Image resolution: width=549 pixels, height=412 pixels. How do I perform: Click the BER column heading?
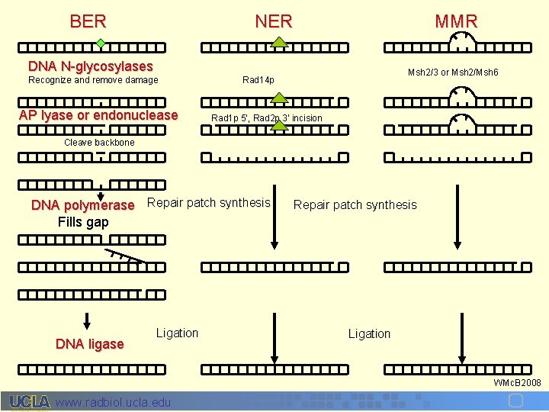tap(88, 21)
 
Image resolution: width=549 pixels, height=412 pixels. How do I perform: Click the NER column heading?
tap(274, 21)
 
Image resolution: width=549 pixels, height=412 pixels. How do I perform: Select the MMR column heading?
tap(456, 21)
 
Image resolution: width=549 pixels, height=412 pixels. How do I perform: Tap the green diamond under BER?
tap(100, 43)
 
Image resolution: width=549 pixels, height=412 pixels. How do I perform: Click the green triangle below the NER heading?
tap(280, 43)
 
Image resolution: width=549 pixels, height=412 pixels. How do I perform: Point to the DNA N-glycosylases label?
tap(91, 66)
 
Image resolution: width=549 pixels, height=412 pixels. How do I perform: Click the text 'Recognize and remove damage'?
tap(93, 80)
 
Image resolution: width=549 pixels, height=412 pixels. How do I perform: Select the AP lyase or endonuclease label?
tap(98, 115)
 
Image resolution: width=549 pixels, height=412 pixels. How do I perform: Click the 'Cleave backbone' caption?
tap(99, 143)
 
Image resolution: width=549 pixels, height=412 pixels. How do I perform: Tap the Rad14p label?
tap(258, 80)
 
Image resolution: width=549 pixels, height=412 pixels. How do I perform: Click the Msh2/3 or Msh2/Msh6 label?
tap(453, 72)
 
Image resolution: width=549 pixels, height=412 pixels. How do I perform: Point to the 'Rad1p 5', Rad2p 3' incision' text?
tap(267, 118)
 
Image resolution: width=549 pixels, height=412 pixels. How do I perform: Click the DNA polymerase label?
tap(82, 205)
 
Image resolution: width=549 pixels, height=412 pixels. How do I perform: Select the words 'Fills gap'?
tap(83, 222)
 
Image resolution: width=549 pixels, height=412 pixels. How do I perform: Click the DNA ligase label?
tap(90, 344)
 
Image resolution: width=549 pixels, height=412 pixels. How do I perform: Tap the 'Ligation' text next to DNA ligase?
tap(177, 333)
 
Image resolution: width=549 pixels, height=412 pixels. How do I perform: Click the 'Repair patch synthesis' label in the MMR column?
tap(355, 204)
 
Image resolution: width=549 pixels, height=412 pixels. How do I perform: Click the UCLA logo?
tap(30, 401)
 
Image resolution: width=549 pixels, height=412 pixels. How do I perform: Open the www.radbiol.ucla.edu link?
tap(114, 402)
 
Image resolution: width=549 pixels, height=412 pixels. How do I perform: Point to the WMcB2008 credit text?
tap(517, 382)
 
